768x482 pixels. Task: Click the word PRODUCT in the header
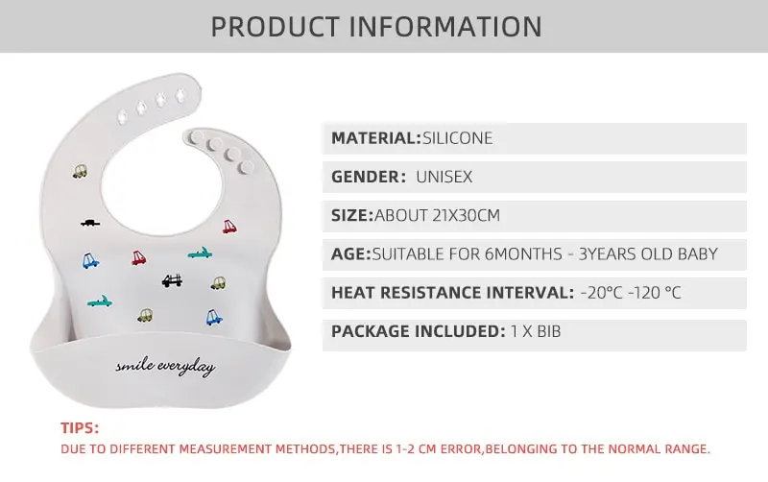pyautogui.click(x=275, y=27)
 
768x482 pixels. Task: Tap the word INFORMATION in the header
pyautogui.click(x=445, y=27)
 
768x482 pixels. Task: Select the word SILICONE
pyautogui.click(x=458, y=138)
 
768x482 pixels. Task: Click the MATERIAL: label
pyautogui.click(x=376, y=138)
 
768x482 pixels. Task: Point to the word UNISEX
pyautogui.click(x=444, y=177)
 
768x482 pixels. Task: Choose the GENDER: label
pyautogui.click(x=369, y=177)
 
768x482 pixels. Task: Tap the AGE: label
pyautogui.click(x=351, y=253)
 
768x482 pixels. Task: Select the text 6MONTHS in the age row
pyautogui.click(x=523, y=253)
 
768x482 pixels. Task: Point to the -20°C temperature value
pyautogui.click(x=602, y=293)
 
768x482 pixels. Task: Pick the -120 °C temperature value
pyautogui.click(x=655, y=293)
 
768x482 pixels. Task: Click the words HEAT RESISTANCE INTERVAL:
pyautogui.click(x=452, y=293)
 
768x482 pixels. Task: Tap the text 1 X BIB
pyautogui.click(x=536, y=331)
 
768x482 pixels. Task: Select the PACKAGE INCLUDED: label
pyautogui.click(x=419, y=331)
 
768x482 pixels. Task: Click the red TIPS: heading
pyautogui.click(x=80, y=427)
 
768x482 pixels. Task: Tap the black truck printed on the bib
pyautogui.click(x=172, y=280)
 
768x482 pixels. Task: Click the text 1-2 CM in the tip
pyautogui.click(x=417, y=448)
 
